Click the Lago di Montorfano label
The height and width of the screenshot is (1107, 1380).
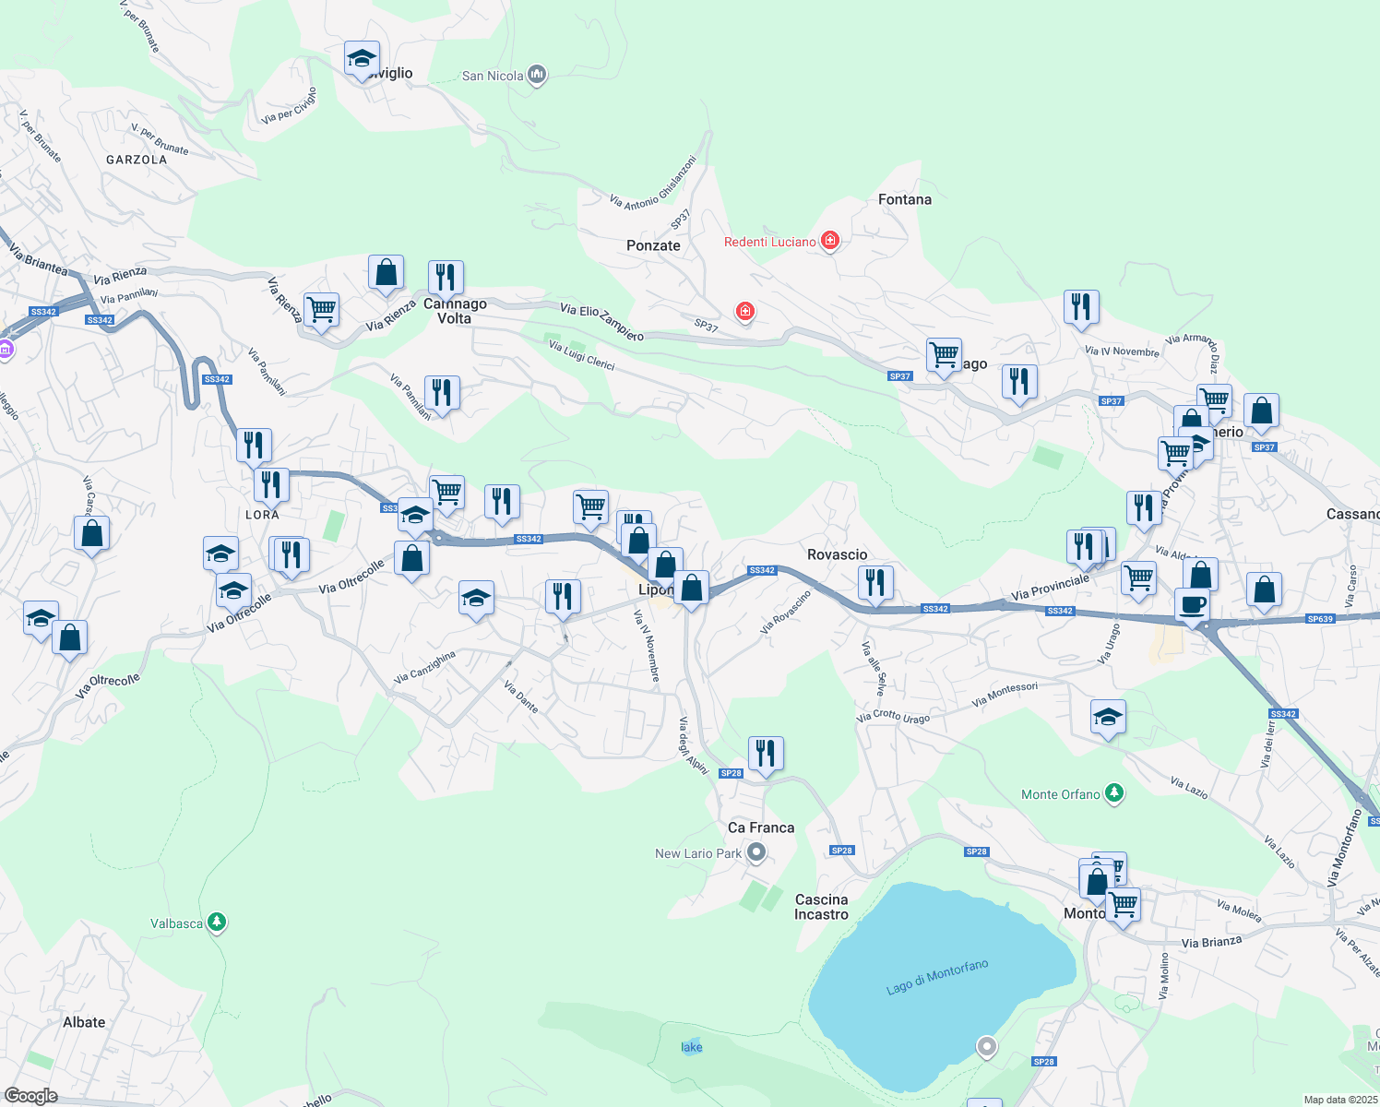[x=936, y=977]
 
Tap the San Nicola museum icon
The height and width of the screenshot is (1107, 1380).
[x=537, y=75]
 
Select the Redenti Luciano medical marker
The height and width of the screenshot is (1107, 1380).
[x=830, y=241]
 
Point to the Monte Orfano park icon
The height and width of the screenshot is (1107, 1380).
[x=1114, y=793]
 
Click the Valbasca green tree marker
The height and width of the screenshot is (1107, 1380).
[x=216, y=922]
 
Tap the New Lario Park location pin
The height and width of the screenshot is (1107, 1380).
[x=756, y=852]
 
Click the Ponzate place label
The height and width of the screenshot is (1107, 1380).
[x=653, y=245]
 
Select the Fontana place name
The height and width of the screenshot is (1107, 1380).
[x=904, y=199]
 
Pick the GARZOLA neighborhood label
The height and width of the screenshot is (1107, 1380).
[x=137, y=160]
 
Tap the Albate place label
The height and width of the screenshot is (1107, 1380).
[x=84, y=1022]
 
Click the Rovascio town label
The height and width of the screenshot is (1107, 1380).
[x=837, y=554]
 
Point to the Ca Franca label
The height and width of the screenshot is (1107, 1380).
[x=760, y=827]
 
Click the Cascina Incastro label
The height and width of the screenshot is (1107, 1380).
[x=821, y=907]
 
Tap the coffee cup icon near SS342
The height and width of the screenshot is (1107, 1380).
[x=1192, y=605]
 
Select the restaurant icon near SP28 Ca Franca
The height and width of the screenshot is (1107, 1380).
[x=766, y=753]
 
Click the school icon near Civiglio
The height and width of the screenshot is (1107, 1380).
[x=362, y=59]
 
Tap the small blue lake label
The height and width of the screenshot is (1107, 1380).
[x=691, y=1047]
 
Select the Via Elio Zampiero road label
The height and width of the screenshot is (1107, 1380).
[x=601, y=322]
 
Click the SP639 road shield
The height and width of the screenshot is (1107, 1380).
[x=1320, y=619]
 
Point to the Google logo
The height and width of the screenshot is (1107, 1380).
[x=30, y=1096]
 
